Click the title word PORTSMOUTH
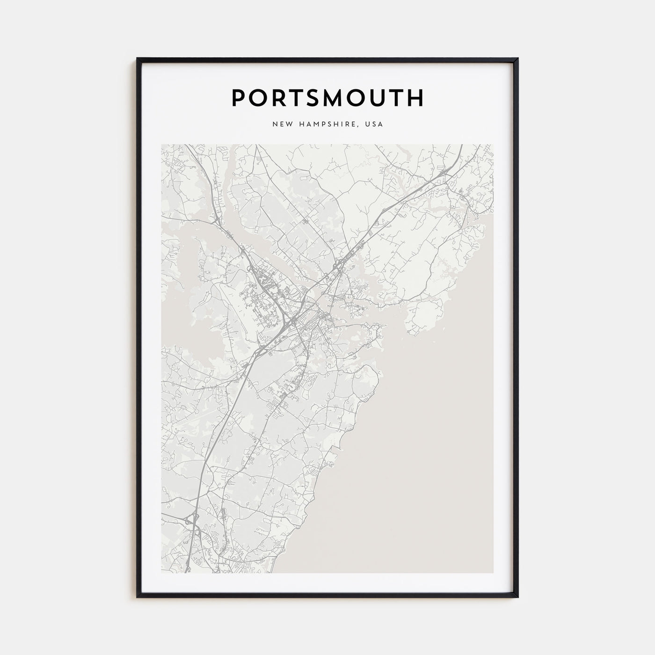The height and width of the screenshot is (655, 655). (327, 97)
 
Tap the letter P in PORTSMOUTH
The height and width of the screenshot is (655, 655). (238, 97)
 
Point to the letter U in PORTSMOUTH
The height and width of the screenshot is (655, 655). (375, 97)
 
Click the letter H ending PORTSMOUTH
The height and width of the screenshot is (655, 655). (415, 97)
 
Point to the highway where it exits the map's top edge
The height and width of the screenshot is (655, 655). (461, 146)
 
